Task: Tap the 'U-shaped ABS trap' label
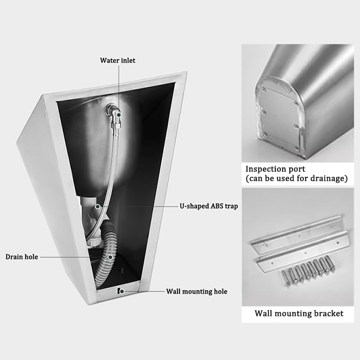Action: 206,206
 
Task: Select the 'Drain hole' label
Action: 22,257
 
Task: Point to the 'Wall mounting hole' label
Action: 197,292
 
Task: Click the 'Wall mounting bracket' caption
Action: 299,313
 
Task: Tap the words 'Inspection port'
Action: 275,169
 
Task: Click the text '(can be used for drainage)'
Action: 297,179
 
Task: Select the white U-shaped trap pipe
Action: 92,216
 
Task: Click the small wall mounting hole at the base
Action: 119,291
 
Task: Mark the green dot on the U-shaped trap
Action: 97,207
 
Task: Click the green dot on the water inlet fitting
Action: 118,115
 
